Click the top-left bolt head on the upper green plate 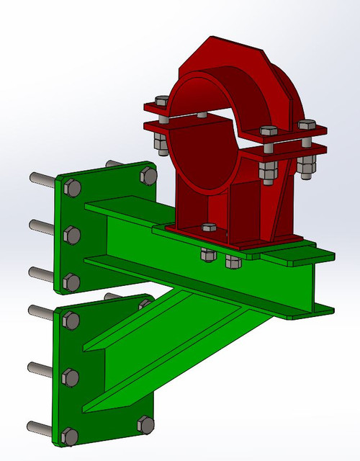point(72,189)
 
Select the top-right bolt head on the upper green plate point(147,175)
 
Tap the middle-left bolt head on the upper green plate point(72,234)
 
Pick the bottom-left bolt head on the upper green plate point(71,280)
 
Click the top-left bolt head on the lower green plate point(71,321)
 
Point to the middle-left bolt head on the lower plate point(71,375)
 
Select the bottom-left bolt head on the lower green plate point(70,434)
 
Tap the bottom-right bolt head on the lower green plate point(145,425)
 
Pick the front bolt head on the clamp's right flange point(267,133)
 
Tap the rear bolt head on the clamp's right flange point(307,125)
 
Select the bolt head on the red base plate point(210,228)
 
